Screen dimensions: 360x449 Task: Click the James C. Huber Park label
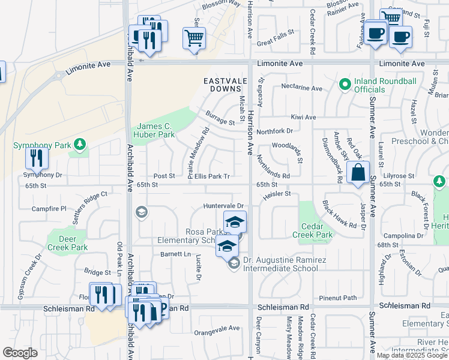click(155, 130)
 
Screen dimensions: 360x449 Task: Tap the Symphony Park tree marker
click(79, 145)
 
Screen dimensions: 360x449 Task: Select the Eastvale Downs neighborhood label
click(224, 85)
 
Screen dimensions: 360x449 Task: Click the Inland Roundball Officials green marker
click(345, 86)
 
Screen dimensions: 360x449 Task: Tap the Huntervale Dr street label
click(224, 206)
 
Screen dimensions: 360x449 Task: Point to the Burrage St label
click(219, 122)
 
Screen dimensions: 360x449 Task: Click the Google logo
click(20, 353)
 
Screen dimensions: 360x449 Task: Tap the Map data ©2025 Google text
click(412, 355)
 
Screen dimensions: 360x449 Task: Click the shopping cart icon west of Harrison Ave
click(194, 38)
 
